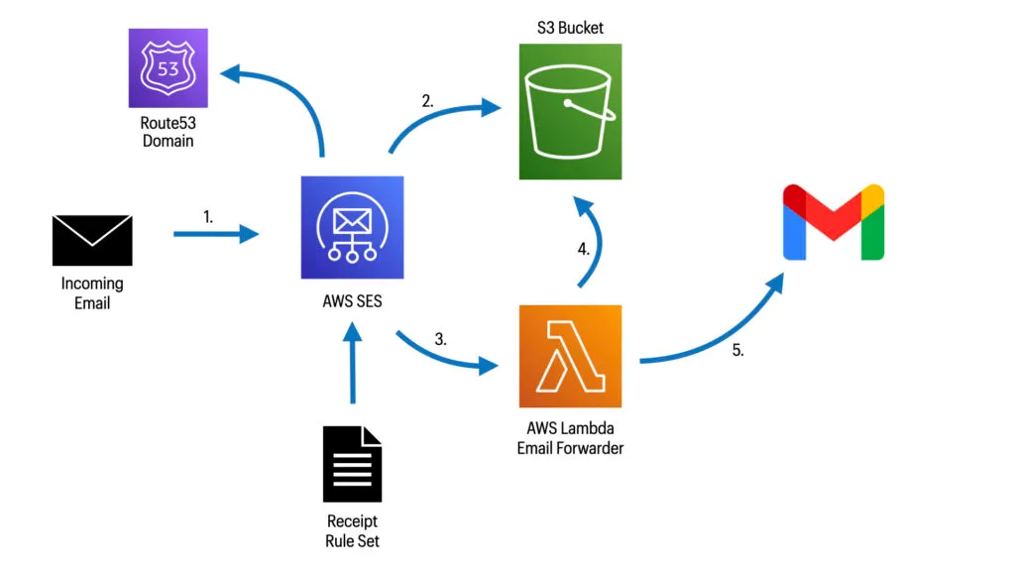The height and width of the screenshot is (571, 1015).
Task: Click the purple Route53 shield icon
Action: coord(168,67)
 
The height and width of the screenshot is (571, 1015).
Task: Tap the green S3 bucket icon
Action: coord(571,111)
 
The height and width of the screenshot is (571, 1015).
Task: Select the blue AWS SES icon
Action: coord(353,227)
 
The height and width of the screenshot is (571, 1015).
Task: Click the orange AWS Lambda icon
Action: coord(570,357)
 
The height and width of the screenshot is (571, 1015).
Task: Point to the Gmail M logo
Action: coord(834,222)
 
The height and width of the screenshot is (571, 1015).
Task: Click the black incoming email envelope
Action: coord(92,240)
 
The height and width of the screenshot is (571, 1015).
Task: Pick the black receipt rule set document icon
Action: coord(352,464)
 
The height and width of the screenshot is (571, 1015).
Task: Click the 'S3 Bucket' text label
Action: coord(571,27)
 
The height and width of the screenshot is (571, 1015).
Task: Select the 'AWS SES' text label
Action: coord(352,303)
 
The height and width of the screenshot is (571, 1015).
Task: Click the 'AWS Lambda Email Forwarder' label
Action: coord(570,438)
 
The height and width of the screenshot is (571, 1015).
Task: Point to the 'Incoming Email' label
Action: coord(92,293)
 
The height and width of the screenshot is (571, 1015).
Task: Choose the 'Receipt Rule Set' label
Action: coord(352,530)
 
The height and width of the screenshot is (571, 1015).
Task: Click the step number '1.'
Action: coord(208,215)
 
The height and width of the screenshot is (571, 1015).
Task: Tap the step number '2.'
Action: coord(427,100)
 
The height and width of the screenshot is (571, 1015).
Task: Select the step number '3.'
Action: coord(440,338)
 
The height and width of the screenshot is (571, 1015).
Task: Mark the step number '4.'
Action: coord(584,250)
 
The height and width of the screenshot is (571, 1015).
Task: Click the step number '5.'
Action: coord(737,350)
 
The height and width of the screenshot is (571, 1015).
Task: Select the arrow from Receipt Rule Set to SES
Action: coord(352,367)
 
